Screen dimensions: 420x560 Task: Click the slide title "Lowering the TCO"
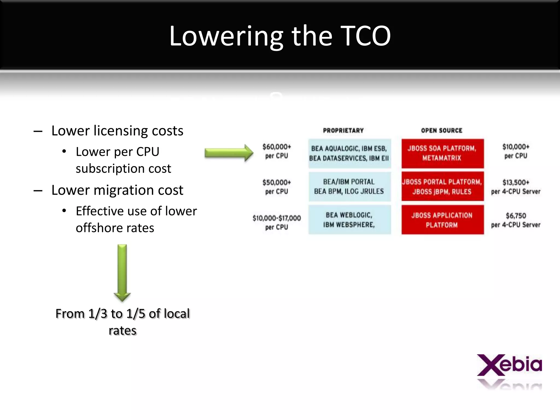280,36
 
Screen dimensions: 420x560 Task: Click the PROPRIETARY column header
343,130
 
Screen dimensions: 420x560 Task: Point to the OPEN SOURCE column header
442,130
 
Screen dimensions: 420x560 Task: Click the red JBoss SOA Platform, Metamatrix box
442,153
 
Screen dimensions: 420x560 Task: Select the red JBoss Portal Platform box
442,187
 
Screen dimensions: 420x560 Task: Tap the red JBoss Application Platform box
442,220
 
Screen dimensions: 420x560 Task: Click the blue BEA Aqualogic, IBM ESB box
349,153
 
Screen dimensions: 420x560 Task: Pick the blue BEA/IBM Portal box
349,187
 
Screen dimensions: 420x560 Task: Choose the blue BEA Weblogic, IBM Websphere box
349,220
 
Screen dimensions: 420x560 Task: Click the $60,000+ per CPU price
277,151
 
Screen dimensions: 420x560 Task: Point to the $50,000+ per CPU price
277,187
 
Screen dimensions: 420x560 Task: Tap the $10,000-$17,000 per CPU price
277,222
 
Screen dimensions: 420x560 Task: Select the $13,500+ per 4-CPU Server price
516,187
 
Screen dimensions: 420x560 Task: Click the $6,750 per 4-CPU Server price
516,220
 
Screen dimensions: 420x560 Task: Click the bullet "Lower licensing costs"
117,131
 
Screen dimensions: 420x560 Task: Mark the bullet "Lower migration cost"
117,190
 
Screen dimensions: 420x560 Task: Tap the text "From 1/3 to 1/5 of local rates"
122,322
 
